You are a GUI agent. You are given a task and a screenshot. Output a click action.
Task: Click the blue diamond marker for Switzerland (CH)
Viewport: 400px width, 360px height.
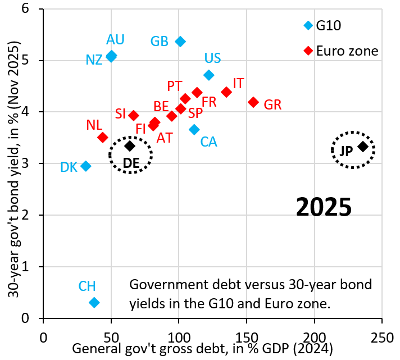click(x=94, y=302)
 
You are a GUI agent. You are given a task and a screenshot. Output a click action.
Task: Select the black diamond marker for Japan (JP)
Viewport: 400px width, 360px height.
click(x=363, y=147)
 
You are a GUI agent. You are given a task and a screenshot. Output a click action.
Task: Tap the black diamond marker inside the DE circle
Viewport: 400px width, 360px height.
click(x=130, y=146)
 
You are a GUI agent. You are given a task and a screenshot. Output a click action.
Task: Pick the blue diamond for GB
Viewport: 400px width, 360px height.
click(x=180, y=42)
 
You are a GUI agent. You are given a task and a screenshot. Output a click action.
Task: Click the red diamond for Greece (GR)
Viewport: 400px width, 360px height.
click(x=253, y=102)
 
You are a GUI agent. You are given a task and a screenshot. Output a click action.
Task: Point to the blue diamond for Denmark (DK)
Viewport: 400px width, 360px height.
click(x=86, y=166)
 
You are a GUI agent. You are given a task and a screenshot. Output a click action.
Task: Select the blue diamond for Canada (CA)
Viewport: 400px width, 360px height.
click(x=194, y=129)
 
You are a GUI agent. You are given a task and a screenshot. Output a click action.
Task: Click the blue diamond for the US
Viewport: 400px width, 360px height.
click(x=209, y=75)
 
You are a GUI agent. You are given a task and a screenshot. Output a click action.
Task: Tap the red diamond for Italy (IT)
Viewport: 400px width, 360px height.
click(x=226, y=92)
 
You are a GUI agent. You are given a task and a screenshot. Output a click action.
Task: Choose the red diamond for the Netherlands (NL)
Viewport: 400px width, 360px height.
click(x=102, y=137)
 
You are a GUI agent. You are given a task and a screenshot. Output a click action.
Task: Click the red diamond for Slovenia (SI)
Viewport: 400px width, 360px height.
click(x=134, y=115)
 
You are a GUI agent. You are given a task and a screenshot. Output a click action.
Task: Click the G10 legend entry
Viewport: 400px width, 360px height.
click(x=329, y=25)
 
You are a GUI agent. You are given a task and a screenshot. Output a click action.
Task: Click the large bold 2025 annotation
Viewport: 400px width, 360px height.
click(x=324, y=208)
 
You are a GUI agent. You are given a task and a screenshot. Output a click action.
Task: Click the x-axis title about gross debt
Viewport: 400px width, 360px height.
click(x=203, y=348)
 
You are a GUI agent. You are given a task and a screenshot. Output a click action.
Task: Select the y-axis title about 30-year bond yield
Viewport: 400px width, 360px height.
click(x=14, y=163)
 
